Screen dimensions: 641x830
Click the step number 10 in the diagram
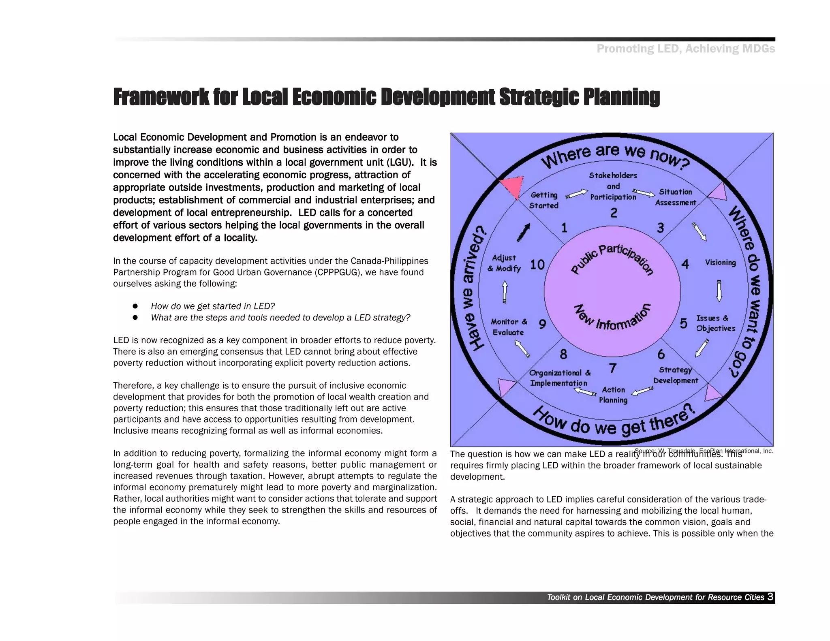click(x=537, y=265)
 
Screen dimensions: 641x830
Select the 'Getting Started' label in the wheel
click(x=544, y=201)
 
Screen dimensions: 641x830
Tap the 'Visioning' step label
click(x=720, y=263)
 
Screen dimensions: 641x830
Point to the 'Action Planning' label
click(x=613, y=395)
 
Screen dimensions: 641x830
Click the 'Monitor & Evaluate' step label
click(x=509, y=327)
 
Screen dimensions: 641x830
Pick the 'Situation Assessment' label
click(x=676, y=197)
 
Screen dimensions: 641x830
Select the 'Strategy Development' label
click(x=676, y=375)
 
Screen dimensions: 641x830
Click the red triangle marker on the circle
click(x=511, y=186)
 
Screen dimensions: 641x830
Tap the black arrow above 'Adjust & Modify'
click(x=524, y=232)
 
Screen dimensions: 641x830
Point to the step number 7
click(x=613, y=368)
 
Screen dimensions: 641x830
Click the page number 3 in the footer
click(x=770, y=597)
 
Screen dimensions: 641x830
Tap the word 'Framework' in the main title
click(x=161, y=97)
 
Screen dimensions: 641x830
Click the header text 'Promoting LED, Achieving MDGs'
click(x=685, y=49)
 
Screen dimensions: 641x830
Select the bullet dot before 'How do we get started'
click(x=135, y=306)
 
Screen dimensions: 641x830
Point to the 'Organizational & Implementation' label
click(x=559, y=378)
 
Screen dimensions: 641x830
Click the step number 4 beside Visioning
click(x=685, y=264)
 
